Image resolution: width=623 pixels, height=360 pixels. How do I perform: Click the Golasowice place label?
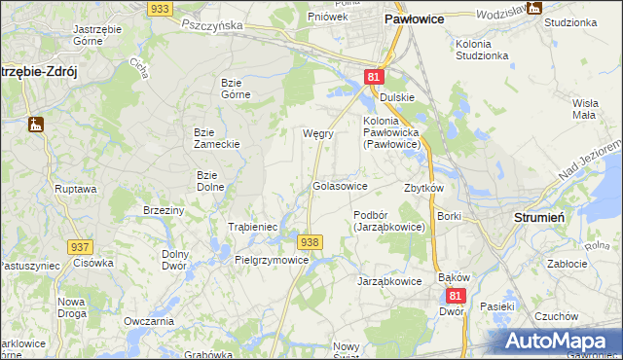pos(340,186)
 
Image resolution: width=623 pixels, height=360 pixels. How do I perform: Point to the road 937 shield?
pos(80,247)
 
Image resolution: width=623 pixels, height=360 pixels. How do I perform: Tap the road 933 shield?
pos(162,8)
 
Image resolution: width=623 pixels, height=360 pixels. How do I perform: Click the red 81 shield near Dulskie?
pos(375,77)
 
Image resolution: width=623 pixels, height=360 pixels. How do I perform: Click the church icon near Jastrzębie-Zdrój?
pos(36,125)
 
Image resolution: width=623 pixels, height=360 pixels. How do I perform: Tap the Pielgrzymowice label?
pos(272,261)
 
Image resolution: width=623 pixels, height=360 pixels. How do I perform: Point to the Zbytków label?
pos(423,188)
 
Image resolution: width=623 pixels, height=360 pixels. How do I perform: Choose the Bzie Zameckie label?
pos(216,138)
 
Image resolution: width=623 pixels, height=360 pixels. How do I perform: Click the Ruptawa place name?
pos(75,189)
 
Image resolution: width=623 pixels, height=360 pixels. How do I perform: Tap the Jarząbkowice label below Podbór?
pos(389,280)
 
